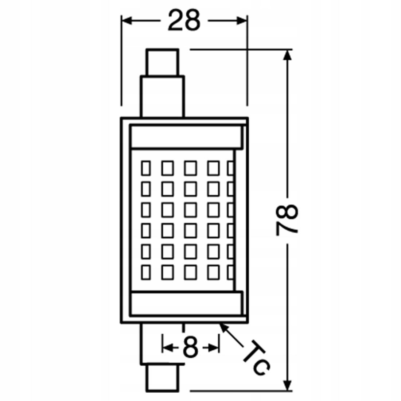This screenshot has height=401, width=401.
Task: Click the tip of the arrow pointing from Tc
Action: pyautogui.click(x=220, y=323)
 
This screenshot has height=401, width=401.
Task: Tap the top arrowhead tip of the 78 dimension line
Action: pyautogui.click(x=288, y=50)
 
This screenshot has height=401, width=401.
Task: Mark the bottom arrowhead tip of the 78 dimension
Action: pyautogui.click(x=288, y=390)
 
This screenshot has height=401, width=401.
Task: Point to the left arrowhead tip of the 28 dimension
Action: pyautogui.click(x=122, y=21)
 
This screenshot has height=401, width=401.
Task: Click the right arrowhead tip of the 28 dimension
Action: pyautogui.click(x=247, y=21)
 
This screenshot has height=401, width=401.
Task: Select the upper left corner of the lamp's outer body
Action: pyautogui.click(x=121, y=118)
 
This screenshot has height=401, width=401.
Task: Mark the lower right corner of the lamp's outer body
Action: pyautogui.click(x=248, y=323)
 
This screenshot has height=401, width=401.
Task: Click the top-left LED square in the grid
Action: pyautogui.click(x=146, y=168)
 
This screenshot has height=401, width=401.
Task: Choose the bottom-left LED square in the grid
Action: pyautogui.click(x=146, y=272)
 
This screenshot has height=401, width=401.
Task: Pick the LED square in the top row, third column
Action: pyautogui.click(x=191, y=168)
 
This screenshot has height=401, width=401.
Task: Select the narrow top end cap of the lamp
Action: pyautogui.click(x=162, y=62)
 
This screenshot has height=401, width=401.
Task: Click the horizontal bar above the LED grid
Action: pyautogui.click(x=187, y=137)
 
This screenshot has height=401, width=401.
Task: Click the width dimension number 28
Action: pyautogui.click(x=184, y=20)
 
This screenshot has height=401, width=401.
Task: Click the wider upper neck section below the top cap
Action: pyautogui.click(x=162, y=97)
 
